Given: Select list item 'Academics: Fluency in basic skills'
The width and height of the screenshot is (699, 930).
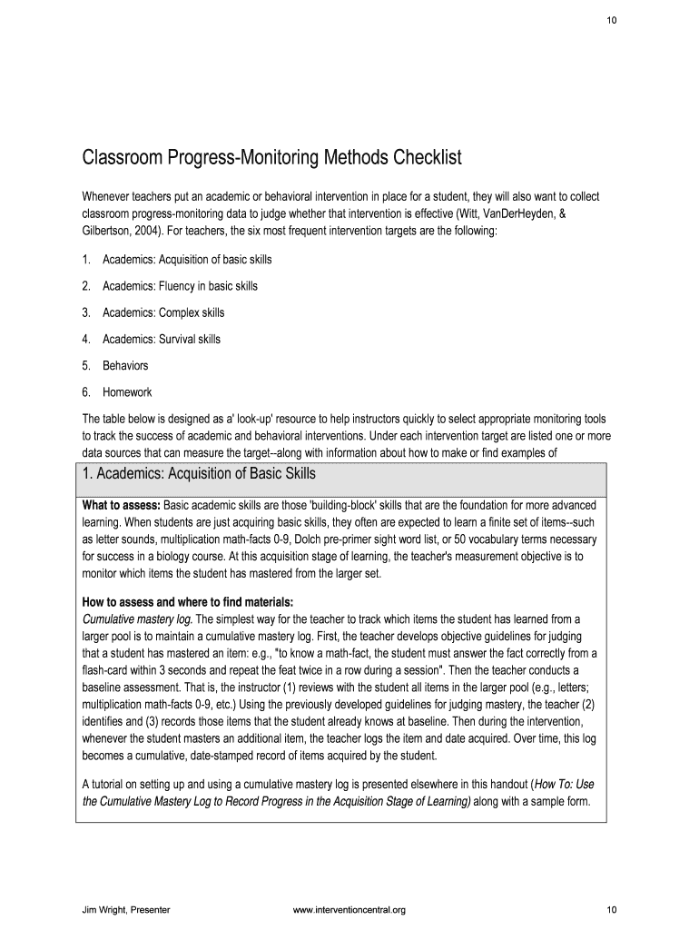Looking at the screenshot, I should (180, 286).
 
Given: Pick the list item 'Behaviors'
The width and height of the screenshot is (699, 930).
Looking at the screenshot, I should (125, 366).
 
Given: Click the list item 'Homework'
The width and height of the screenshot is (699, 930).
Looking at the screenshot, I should (127, 392).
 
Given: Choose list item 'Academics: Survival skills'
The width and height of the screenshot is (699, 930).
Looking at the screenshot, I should (162, 340).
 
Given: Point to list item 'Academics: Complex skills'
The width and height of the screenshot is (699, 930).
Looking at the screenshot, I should (163, 312).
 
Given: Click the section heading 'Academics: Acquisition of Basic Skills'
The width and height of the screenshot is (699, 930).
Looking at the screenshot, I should (199, 474).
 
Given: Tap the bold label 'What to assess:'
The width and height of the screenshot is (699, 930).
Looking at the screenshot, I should (122, 504).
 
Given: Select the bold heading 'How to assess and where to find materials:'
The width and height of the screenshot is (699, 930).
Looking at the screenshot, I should (188, 601).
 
